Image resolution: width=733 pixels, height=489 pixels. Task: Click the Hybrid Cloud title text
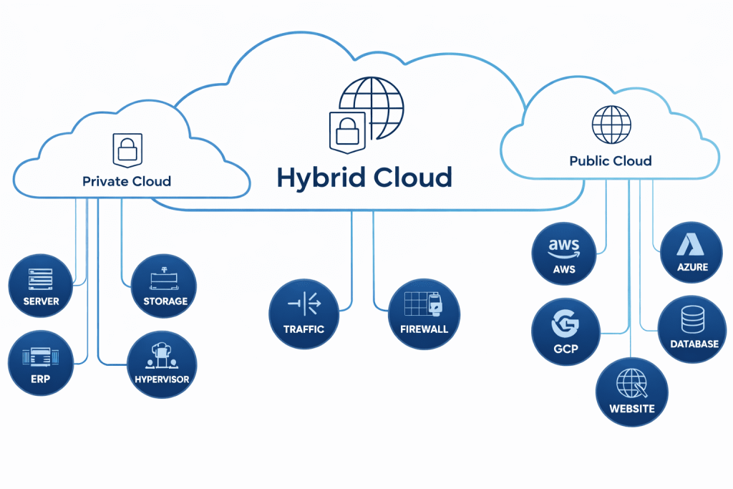point(364,177)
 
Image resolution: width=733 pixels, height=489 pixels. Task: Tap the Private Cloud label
point(127,181)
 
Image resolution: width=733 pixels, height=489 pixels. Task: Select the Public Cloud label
point(611,160)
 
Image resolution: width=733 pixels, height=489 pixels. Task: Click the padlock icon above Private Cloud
point(127,149)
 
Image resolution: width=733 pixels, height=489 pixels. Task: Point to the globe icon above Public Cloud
point(611,125)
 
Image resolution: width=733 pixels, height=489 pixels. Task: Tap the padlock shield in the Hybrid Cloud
point(346,132)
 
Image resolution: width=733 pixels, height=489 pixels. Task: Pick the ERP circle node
point(41,363)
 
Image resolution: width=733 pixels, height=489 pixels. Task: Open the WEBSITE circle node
point(631,392)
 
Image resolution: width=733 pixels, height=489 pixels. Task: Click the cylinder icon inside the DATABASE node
point(693,319)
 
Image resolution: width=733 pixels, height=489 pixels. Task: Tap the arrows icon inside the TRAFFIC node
point(304,304)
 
